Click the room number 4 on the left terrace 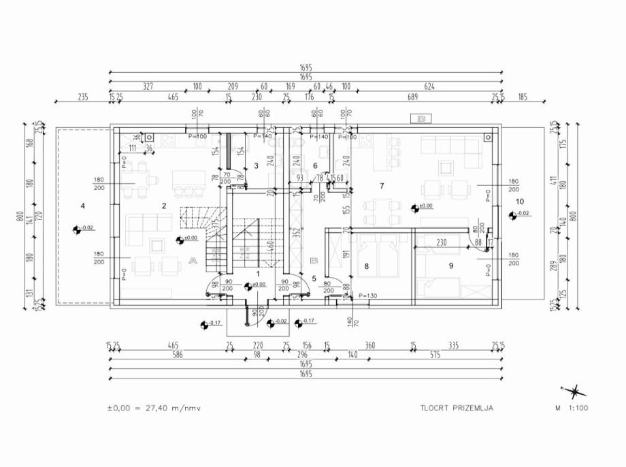point(82,205)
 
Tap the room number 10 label point(520,202)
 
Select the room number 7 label point(382,186)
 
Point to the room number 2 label point(164,205)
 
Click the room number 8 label point(366,267)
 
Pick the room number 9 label point(450,266)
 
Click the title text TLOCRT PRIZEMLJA point(457,408)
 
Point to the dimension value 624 point(429,87)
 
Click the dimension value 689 point(412,98)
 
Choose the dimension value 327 point(148,87)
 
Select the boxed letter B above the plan point(421,119)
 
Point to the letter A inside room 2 point(193,261)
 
